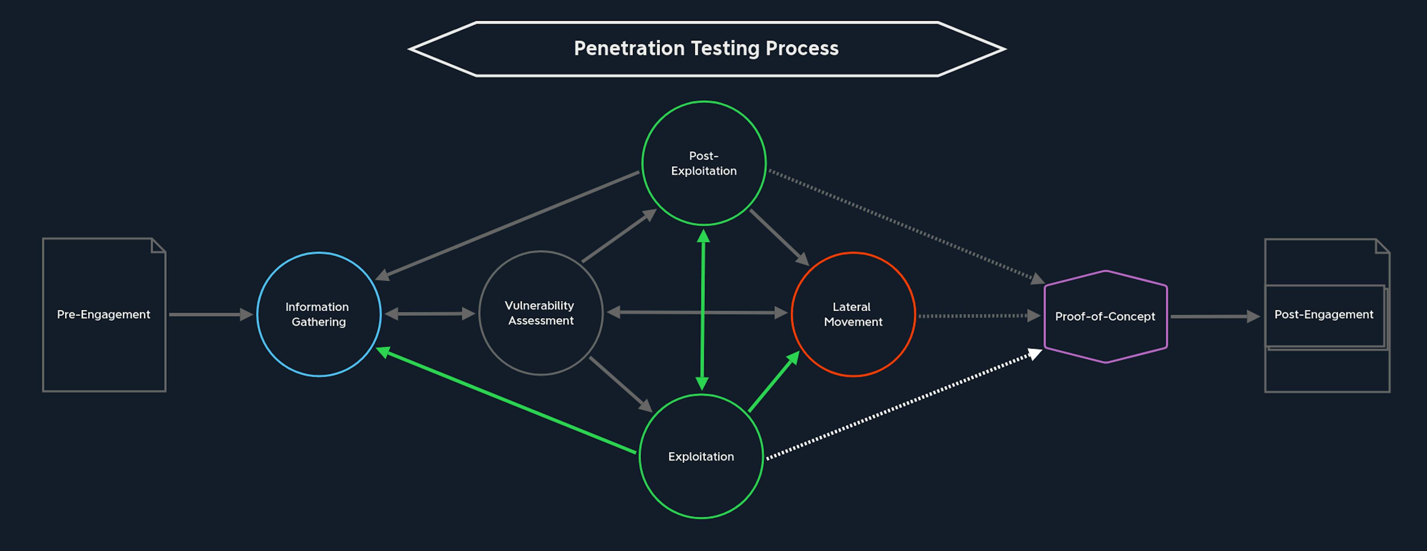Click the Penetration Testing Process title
(x=706, y=49)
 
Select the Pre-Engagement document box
(x=43, y=315)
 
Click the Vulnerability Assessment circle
(x=480, y=313)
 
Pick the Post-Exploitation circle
(x=643, y=163)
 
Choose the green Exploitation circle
(x=640, y=456)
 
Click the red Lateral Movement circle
(x=792, y=314)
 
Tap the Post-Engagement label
(x=1324, y=315)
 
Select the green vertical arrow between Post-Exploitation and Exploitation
(x=702, y=310)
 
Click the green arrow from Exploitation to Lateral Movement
(x=774, y=381)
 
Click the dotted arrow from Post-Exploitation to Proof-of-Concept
(x=907, y=227)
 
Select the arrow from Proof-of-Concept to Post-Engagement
(x=1216, y=317)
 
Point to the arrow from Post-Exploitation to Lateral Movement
(x=779, y=238)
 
